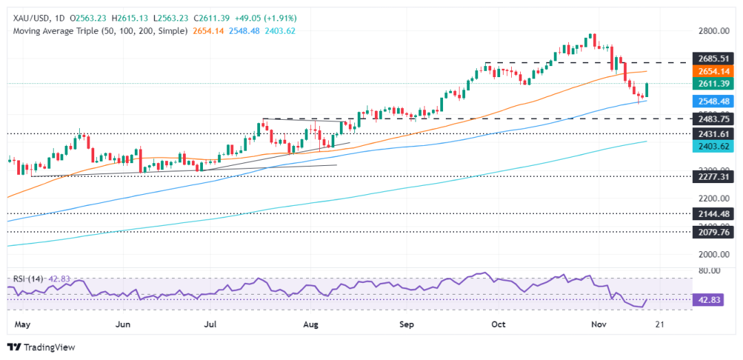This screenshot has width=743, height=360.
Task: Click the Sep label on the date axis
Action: click(406, 324)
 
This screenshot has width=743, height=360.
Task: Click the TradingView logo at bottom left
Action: click(41, 348)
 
